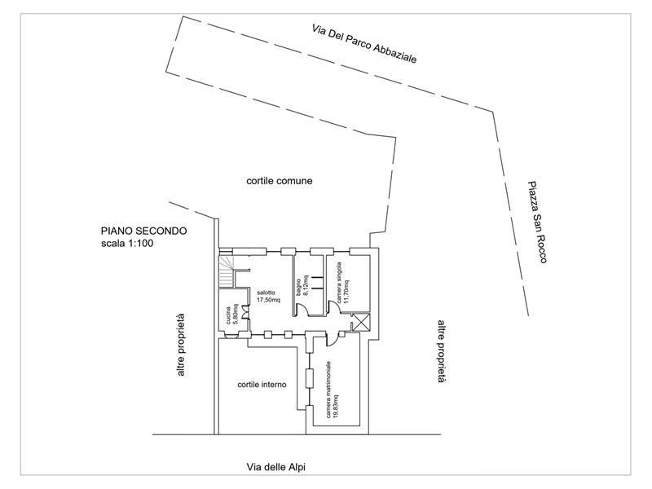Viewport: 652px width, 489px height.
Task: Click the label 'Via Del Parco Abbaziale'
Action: tap(364, 44)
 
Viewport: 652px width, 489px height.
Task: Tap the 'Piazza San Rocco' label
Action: tap(537, 222)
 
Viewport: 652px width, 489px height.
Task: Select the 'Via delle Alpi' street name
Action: tap(276, 467)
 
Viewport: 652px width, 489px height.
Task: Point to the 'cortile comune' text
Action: tap(280, 181)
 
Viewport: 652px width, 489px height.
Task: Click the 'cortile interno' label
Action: tap(262, 385)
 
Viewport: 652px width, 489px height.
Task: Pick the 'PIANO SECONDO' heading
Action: tap(144, 231)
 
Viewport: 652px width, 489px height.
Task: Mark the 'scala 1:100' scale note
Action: tap(127, 243)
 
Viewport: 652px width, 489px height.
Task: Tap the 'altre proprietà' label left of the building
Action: tap(180, 345)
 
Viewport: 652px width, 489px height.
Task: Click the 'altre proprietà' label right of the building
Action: tap(442, 351)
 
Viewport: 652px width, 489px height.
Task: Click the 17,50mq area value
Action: tap(268, 300)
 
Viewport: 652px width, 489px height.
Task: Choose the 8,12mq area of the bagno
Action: tap(306, 285)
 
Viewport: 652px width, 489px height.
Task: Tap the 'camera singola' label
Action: tap(339, 282)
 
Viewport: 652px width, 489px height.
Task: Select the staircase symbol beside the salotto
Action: tap(227, 271)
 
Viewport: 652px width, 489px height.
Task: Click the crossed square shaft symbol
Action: tap(361, 322)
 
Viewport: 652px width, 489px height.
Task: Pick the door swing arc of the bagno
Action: tap(302, 310)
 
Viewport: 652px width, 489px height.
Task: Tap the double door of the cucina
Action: tap(245, 312)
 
